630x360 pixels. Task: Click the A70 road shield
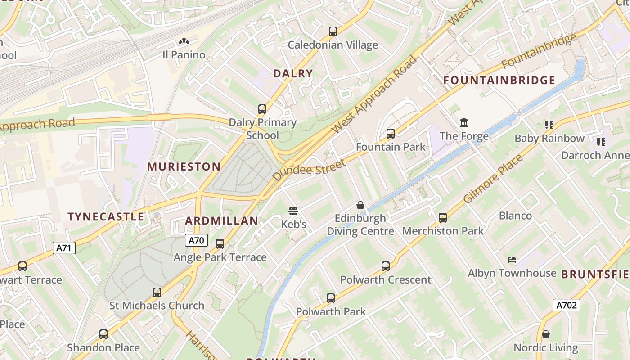click(x=196, y=240)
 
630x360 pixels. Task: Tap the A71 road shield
click(x=64, y=247)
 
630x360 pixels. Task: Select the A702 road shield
click(x=566, y=305)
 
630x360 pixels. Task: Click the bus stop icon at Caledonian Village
click(x=333, y=31)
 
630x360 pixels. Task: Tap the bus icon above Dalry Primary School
click(x=262, y=109)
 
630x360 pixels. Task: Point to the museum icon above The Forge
click(x=464, y=122)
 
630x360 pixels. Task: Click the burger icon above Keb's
click(x=293, y=211)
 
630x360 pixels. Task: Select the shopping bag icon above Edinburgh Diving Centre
click(x=360, y=205)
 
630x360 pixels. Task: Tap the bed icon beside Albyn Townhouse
click(x=512, y=260)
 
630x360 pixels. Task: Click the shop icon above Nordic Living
click(x=545, y=334)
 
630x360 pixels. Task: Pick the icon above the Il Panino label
click(x=184, y=42)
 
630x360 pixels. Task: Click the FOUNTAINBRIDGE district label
click(x=499, y=81)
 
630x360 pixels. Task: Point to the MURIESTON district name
click(x=184, y=166)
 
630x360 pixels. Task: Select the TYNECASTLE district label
click(x=106, y=216)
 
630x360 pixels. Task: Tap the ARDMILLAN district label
click(x=222, y=220)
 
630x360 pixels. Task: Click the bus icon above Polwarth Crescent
click(x=386, y=266)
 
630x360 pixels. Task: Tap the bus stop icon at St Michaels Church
click(x=157, y=292)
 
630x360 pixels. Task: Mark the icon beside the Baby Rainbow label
click(x=549, y=125)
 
